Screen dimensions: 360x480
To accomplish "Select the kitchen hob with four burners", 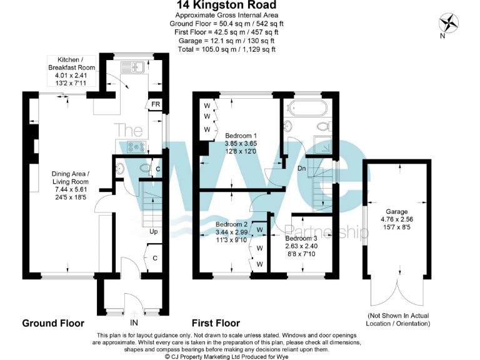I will (x=136, y=147).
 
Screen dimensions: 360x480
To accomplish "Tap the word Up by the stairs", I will (x=152, y=231).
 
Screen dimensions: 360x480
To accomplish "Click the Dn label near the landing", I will (x=301, y=168).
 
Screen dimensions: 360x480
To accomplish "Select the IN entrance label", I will (x=134, y=323).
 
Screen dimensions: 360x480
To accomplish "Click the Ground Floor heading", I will (x=53, y=323).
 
